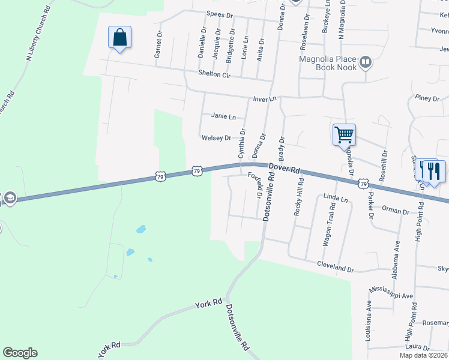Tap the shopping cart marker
(x=344, y=134)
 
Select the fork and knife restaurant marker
(x=434, y=171)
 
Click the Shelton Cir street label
(x=214, y=74)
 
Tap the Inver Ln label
(x=264, y=98)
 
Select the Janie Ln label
(x=223, y=116)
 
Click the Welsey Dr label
(x=216, y=138)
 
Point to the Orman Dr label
(x=396, y=211)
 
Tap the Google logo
(x=20, y=353)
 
